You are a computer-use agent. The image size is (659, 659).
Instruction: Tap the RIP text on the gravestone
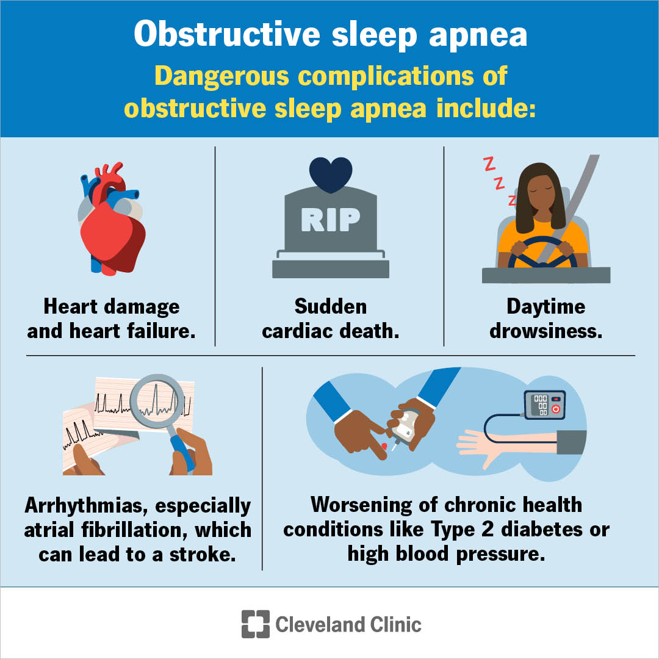click(x=330, y=219)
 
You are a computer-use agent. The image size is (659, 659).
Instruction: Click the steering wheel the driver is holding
click(x=542, y=253)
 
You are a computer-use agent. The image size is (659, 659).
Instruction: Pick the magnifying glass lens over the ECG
click(x=158, y=402)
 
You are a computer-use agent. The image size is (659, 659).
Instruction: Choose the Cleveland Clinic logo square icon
click(x=255, y=624)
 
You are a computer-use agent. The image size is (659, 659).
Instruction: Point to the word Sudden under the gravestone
click(x=330, y=306)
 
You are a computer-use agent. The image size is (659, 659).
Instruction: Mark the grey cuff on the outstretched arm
click(x=571, y=442)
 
